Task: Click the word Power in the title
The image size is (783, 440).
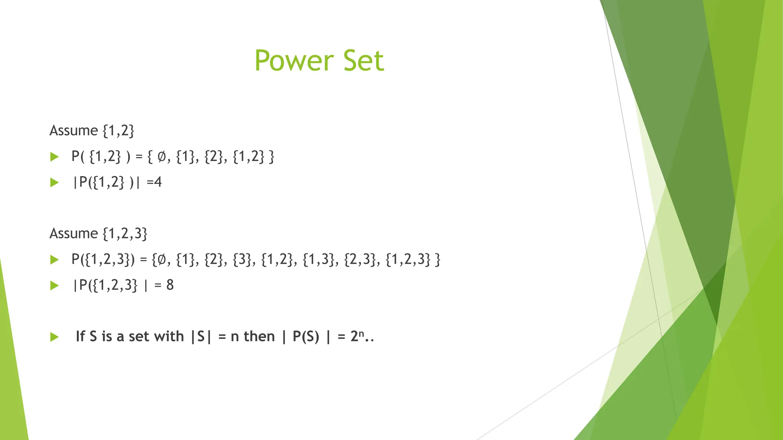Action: pyautogui.click(x=294, y=61)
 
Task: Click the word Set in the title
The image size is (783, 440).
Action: pyautogui.click(x=363, y=61)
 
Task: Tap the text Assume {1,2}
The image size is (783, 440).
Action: pyautogui.click(x=92, y=131)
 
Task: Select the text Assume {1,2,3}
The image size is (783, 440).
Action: pyautogui.click(x=98, y=233)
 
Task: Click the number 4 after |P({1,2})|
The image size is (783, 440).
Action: pyautogui.click(x=158, y=182)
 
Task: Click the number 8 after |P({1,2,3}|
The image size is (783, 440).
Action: pyautogui.click(x=170, y=285)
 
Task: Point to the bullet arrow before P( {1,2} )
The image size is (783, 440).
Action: pyautogui.click(x=55, y=157)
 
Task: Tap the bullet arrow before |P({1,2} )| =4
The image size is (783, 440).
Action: pyautogui.click(x=55, y=183)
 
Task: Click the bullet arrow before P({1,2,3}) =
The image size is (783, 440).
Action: pyautogui.click(x=55, y=260)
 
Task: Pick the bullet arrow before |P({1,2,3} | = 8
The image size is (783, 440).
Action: pyautogui.click(x=55, y=286)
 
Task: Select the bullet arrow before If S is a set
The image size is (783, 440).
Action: pyautogui.click(x=55, y=337)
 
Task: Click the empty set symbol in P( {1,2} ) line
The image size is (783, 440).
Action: pyautogui.click(x=162, y=157)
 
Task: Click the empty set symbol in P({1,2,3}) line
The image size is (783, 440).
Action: pyautogui.click(x=162, y=260)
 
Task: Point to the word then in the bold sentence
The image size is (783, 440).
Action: pyautogui.click(x=259, y=336)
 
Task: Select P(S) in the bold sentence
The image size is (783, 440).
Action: pyautogui.click(x=305, y=336)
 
